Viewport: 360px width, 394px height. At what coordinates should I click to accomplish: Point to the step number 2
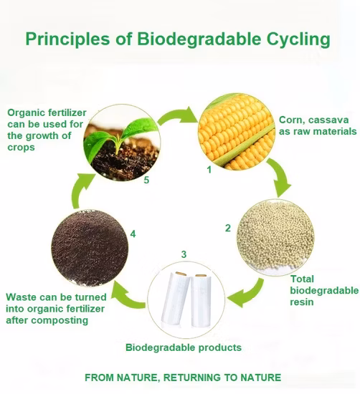227,229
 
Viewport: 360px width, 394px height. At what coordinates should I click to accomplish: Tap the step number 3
184,254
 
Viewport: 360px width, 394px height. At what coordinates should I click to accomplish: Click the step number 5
146,180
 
